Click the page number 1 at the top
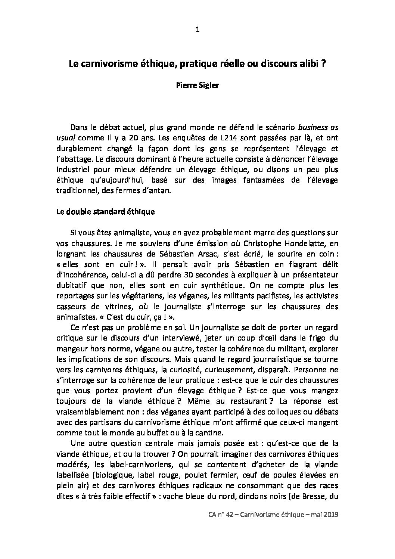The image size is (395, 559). (x=197, y=30)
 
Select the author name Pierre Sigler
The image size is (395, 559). (x=197, y=85)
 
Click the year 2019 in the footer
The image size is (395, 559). (x=330, y=515)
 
